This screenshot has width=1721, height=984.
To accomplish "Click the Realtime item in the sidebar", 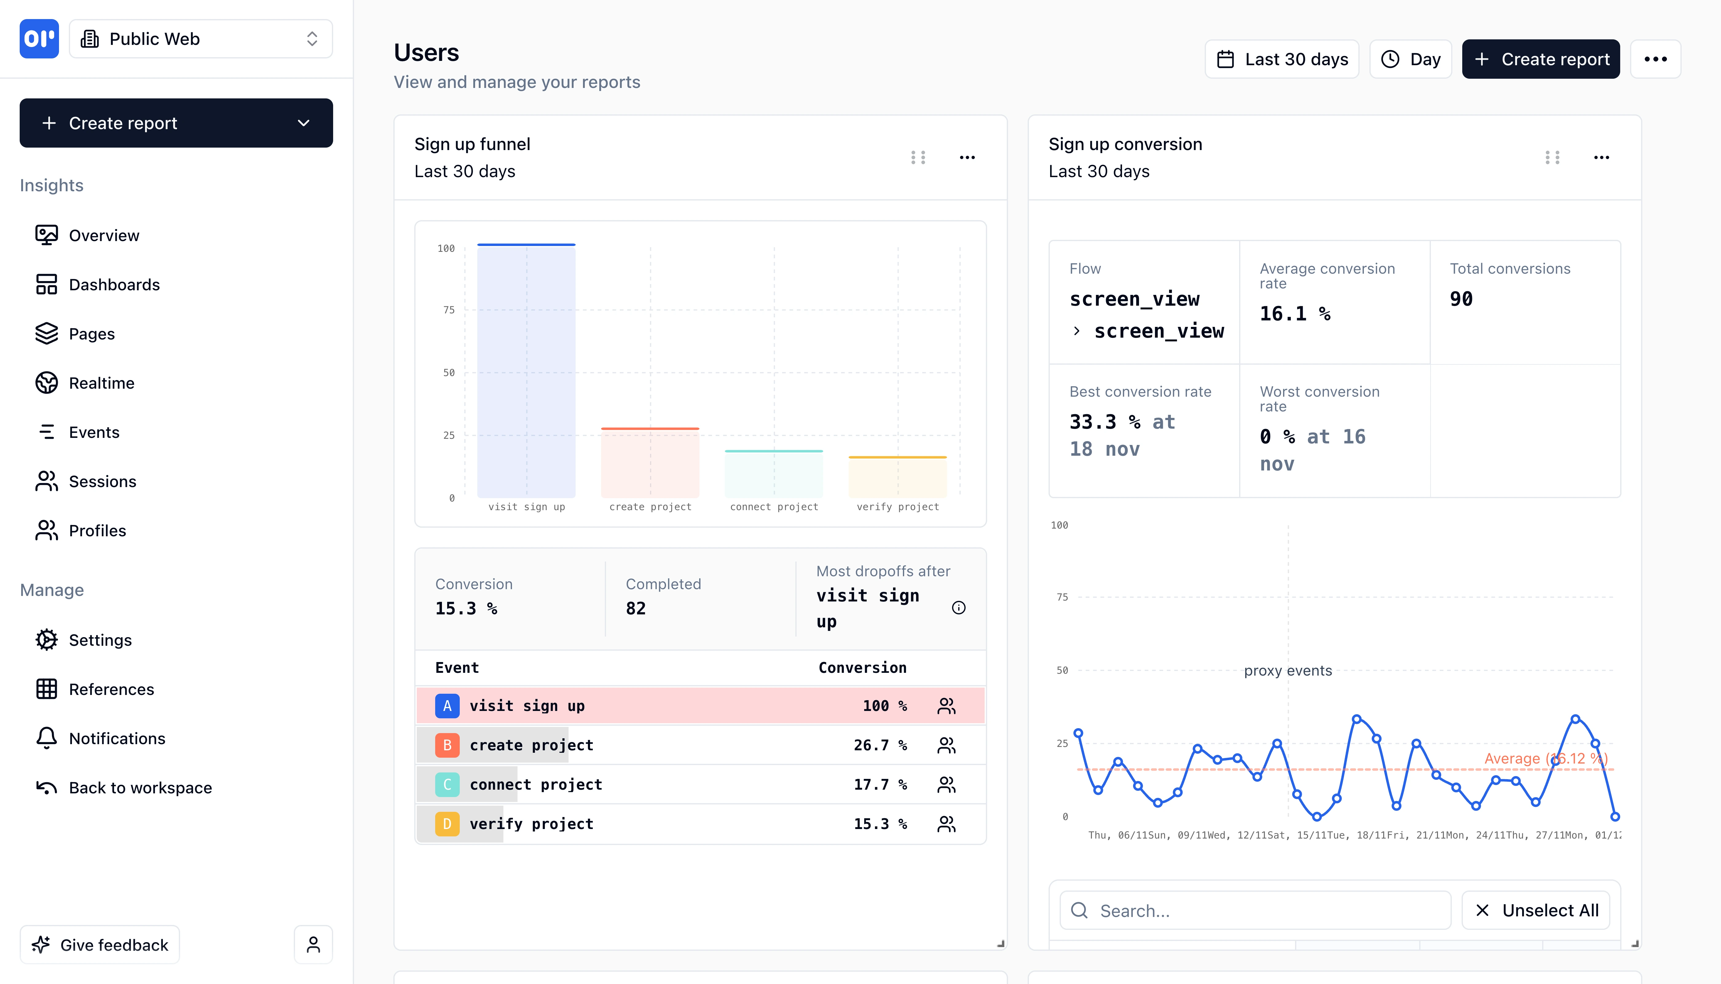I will tap(101, 383).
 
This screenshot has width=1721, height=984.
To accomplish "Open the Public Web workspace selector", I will tap(201, 39).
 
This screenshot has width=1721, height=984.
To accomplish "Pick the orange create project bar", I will tap(650, 463).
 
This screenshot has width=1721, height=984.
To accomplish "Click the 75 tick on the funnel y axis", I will tap(448, 310).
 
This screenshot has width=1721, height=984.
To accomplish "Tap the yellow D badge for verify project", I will tap(447, 824).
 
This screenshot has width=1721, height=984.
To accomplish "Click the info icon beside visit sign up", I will tap(959, 608).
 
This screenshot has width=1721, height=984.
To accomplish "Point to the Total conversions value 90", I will tap(1461, 299).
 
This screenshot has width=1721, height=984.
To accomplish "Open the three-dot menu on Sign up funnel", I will tap(967, 157).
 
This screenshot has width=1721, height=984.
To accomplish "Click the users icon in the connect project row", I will tap(946, 785).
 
